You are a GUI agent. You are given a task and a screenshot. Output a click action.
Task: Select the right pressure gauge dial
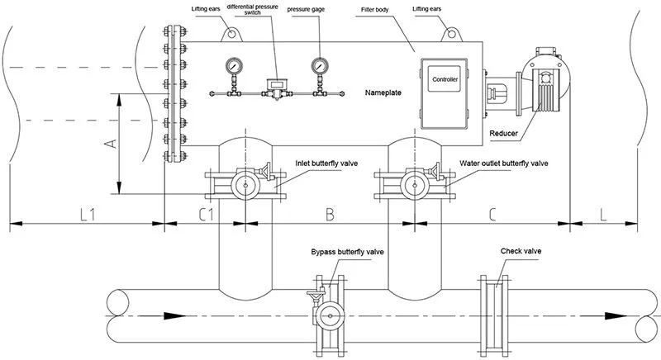pos(318,65)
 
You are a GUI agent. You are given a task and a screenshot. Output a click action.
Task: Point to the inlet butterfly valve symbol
pos(243,182)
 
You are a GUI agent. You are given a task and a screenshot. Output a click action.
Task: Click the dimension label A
pos(109,145)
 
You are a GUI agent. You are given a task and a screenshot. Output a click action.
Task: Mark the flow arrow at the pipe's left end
pos(171,315)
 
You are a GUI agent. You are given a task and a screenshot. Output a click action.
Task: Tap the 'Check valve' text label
pos(521,250)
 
